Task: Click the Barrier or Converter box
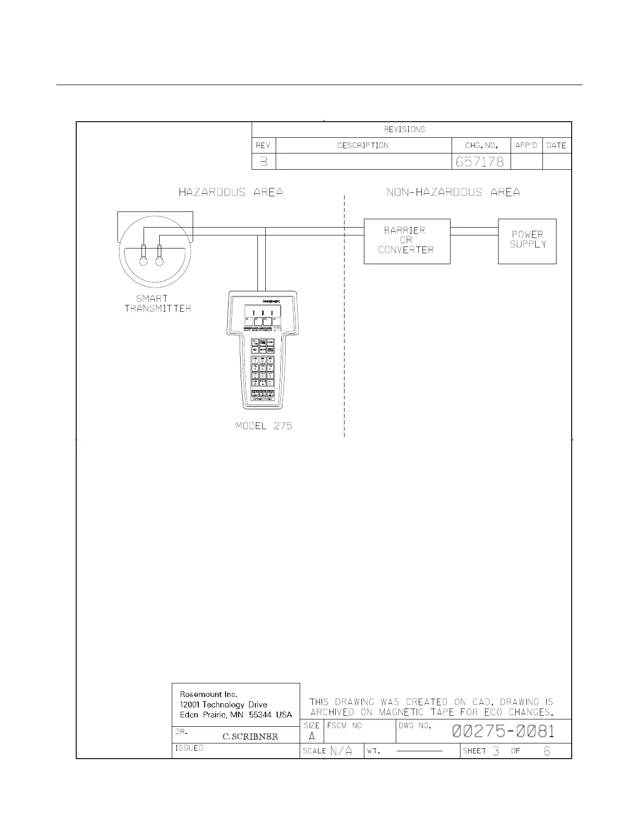pos(407,241)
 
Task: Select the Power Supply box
pos(527,241)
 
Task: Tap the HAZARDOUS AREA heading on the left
pos(231,193)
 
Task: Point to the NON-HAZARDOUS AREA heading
pos(453,193)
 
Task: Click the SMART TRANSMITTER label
pos(157,303)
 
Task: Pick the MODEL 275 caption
pos(264,426)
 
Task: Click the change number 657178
pos(480,162)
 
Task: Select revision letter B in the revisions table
pos(264,162)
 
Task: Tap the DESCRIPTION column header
pos(363,146)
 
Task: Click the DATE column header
pos(557,146)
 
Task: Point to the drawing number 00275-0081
pos(503,731)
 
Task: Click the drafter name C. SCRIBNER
pos(250,737)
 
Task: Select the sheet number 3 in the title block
pos(496,751)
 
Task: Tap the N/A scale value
pos(341,751)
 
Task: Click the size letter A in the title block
pos(312,737)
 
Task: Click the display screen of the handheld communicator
pos(263,311)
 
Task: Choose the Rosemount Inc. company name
pos(209,694)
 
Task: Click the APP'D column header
pos(526,146)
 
